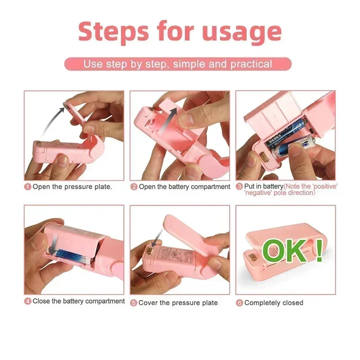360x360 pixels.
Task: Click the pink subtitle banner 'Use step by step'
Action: tap(178, 64)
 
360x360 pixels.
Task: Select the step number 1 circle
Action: tap(27, 187)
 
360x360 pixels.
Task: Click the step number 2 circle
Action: tap(134, 187)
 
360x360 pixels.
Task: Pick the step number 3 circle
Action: tap(239, 187)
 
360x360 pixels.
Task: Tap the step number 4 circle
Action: tap(27, 301)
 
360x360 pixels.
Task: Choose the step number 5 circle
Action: tap(134, 303)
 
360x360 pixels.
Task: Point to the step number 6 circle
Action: tap(239, 303)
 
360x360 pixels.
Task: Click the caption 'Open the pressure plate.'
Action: tap(72, 187)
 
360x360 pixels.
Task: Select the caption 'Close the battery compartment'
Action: tap(78, 301)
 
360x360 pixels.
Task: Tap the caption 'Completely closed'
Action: tap(274, 303)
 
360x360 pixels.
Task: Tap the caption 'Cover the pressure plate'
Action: tap(178, 303)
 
